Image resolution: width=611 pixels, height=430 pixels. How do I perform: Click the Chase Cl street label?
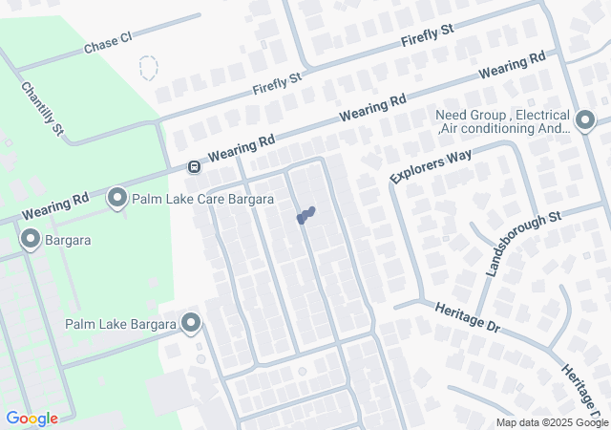[107, 42]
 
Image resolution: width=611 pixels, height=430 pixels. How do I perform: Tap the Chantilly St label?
[42, 108]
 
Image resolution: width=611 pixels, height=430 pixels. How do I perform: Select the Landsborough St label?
[522, 245]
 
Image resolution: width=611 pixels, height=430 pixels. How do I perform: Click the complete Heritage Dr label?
[467, 318]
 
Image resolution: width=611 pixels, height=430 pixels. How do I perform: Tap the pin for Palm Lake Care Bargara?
[118, 198]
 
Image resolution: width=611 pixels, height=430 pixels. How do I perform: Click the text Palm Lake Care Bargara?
[203, 200]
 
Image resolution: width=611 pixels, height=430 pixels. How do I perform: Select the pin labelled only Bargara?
[31, 239]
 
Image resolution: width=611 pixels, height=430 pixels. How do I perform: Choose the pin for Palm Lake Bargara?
[192, 323]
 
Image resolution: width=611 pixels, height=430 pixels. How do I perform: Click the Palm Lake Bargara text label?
[121, 324]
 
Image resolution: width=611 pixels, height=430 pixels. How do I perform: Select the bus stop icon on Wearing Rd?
[194, 167]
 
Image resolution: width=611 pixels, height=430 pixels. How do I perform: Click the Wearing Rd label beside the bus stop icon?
[241, 147]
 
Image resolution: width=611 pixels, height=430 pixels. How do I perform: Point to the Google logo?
[32, 419]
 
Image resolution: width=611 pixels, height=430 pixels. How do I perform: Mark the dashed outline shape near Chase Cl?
[147, 68]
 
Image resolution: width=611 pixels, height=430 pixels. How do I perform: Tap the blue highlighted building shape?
[305, 216]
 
